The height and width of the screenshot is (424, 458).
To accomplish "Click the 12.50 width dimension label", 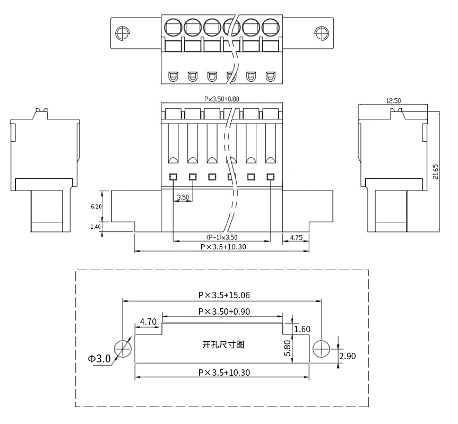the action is pyautogui.click(x=393, y=101).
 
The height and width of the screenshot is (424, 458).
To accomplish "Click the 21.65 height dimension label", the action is pyautogui.click(x=436, y=171).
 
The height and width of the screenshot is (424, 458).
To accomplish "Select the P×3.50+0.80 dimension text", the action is pyautogui.click(x=222, y=99).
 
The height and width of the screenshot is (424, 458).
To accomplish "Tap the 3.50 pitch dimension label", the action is pyautogui.click(x=183, y=197).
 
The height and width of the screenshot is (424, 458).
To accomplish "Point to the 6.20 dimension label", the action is pyautogui.click(x=96, y=206).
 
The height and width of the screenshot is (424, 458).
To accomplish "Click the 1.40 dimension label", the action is pyautogui.click(x=96, y=227).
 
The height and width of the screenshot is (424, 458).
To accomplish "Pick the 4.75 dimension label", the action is pyautogui.click(x=296, y=238).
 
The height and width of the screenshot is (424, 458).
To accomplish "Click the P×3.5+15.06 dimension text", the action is pyautogui.click(x=224, y=295).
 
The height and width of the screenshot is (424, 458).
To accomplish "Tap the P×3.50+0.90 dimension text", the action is pyautogui.click(x=224, y=311).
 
